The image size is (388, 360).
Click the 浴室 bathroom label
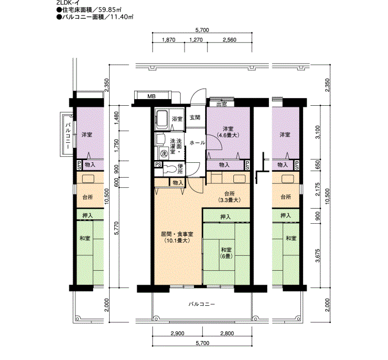coord(177,119)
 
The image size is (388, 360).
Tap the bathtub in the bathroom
coord(162,119)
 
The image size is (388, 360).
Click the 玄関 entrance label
coord(195,117)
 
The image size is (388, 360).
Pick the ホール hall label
coord(197,143)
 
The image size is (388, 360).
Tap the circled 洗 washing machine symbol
coord(164,152)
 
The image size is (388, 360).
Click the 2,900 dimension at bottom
coord(177,333)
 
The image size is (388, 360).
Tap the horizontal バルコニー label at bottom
coord(201,305)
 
